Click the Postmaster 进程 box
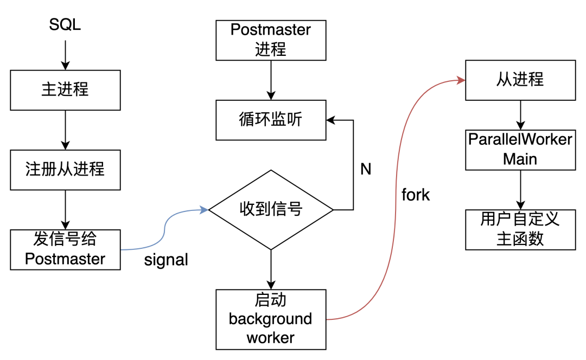click(x=271, y=40)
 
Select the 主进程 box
click(x=65, y=90)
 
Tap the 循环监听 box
click(x=271, y=120)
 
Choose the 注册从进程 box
click(x=65, y=169)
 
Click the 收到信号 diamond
click(x=271, y=209)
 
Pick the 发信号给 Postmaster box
click(x=65, y=249)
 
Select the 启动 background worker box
click(x=271, y=319)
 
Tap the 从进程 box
click(x=520, y=80)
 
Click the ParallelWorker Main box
click(x=520, y=150)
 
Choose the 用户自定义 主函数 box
click(x=520, y=229)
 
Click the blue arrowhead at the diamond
click(x=205, y=209)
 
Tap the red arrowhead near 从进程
click(x=461, y=81)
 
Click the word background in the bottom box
click(x=271, y=319)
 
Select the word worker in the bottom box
click(x=271, y=338)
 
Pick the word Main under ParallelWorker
click(x=520, y=159)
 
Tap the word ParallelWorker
click(x=520, y=140)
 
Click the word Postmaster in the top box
click(x=271, y=30)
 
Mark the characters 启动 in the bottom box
click(x=271, y=300)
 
